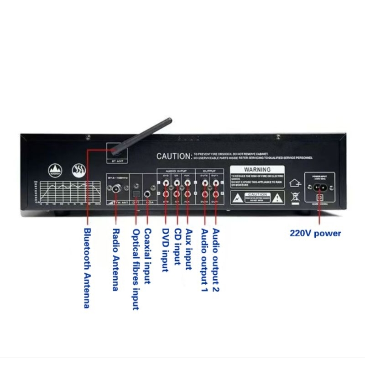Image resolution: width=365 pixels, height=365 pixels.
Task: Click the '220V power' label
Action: [x=315, y=233]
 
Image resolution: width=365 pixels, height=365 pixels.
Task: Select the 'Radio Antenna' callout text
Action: [x=115, y=260]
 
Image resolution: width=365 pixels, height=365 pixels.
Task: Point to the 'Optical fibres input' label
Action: [x=136, y=269]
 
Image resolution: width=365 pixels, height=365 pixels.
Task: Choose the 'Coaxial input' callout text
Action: [x=147, y=256]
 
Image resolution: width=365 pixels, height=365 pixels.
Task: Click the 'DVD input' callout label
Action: [x=166, y=250]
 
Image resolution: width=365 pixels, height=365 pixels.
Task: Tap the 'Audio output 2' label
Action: [x=215, y=261]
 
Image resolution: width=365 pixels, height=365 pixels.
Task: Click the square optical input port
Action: [x=135, y=194]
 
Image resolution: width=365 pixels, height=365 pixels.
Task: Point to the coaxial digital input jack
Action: [x=148, y=194]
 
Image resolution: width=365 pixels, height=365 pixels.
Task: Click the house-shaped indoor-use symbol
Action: [x=296, y=182]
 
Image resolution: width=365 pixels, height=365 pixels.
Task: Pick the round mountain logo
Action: [x=55, y=171]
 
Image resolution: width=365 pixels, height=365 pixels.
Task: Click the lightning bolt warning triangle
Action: [x=238, y=198]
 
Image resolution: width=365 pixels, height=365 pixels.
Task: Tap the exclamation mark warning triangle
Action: [x=276, y=198]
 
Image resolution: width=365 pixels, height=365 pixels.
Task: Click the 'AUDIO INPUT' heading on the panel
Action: [x=170, y=171]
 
